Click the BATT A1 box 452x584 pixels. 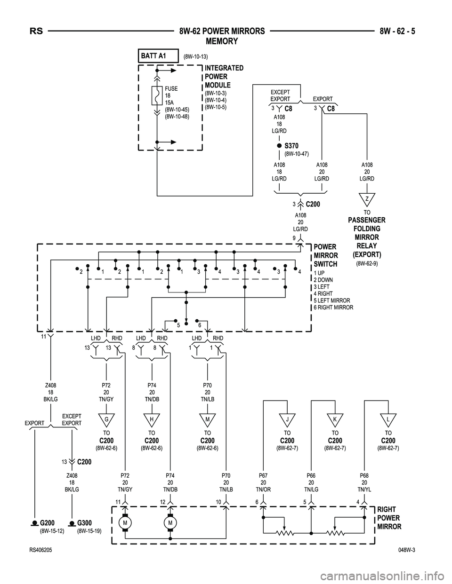coord(158,55)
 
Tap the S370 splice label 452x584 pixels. coord(291,146)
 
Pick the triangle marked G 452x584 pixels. coord(106,418)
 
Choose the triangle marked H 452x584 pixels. coord(152,418)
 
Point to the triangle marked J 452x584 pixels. coord(287,418)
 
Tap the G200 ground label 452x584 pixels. coord(48,522)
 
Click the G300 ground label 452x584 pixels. coord(84,522)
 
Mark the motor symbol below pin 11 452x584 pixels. coord(125,523)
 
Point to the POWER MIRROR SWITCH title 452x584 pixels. coord(325,255)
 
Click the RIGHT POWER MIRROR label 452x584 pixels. coord(389,518)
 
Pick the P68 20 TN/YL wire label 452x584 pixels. coord(364,482)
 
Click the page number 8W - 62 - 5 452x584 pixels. coord(400,32)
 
